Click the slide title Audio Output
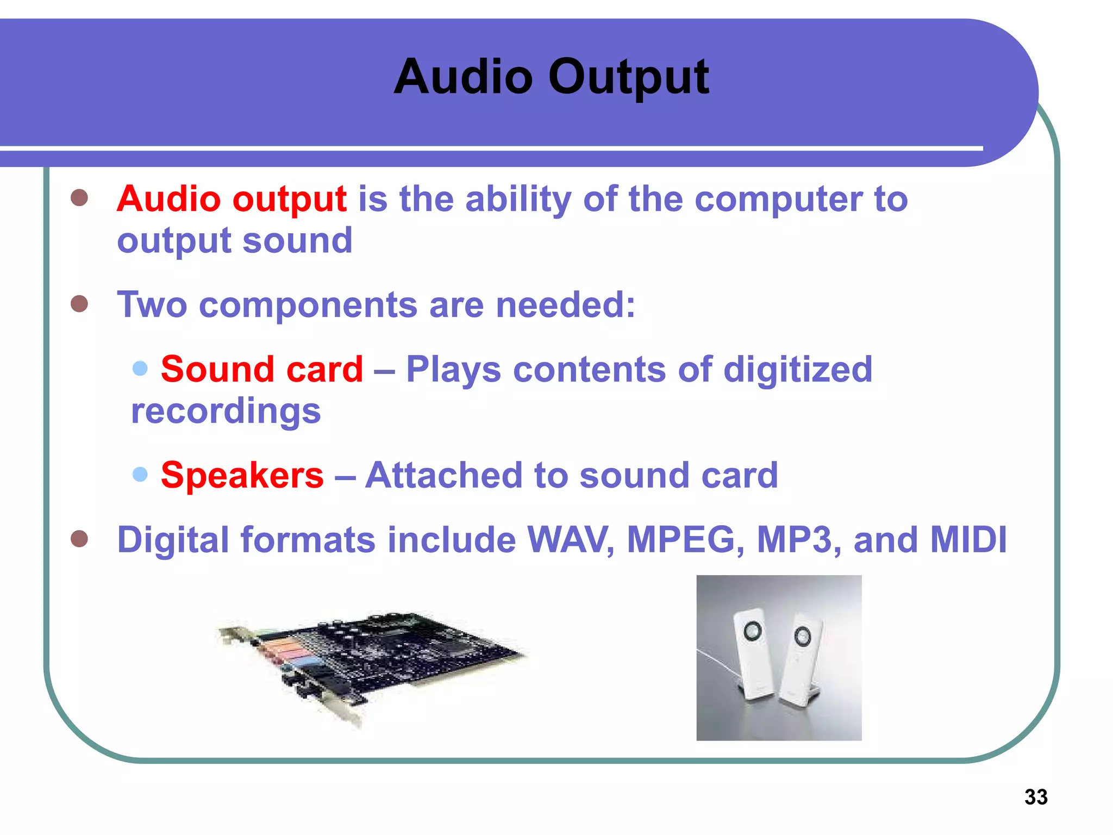(551, 77)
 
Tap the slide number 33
(1036, 797)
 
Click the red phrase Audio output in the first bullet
(232, 199)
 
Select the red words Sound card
(262, 370)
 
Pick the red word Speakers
(242, 475)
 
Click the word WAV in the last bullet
(571, 540)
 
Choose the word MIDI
(968, 540)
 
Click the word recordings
(226, 411)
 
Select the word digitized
(798, 370)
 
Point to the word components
(308, 305)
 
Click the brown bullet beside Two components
(79, 304)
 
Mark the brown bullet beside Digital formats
(79, 539)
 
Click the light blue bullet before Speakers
(140, 474)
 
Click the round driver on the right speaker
(802, 634)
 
